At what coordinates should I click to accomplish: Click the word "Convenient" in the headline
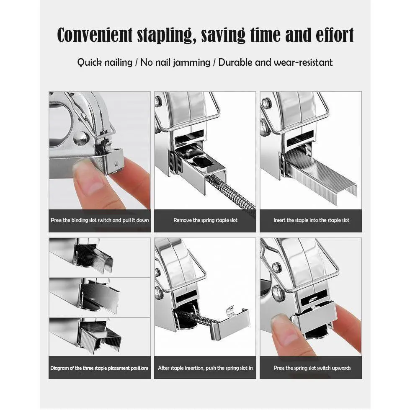(x=95, y=35)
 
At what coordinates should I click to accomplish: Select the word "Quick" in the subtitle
(x=90, y=62)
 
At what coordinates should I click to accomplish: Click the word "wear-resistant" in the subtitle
(x=303, y=62)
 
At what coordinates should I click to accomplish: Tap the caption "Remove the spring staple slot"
(x=205, y=220)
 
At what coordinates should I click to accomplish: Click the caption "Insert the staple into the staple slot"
(x=311, y=220)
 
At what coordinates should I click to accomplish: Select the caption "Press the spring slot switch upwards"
(x=312, y=368)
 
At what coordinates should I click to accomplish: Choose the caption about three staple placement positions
(x=99, y=368)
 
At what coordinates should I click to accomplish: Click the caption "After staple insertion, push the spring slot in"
(x=205, y=368)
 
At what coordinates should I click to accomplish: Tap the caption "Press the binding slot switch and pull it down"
(x=100, y=220)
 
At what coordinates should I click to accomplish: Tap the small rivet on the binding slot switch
(x=116, y=164)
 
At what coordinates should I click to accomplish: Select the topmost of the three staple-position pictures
(x=100, y=258)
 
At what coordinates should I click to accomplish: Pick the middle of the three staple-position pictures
(x=100, y=298)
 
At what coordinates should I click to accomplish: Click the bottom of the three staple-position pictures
(x=100, y=337)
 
